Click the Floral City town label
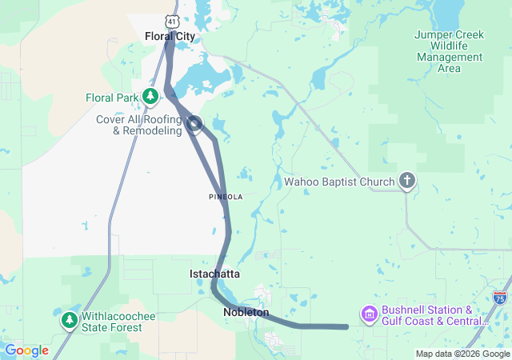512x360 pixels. pyautogui.click(x=170, y=36)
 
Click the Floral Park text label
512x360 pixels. pyautogui.click(x=113, y=98)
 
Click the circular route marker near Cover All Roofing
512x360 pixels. pyautogui.click(x=194, y=123)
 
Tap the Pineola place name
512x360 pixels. pyautogui.click(x=225, y=196)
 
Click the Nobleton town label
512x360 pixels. pyautogui.click(x=246, y=312)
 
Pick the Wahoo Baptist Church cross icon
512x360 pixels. pyautogui.click(x=406, y=182)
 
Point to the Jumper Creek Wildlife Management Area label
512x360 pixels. pyautogui.click(x=449, y=51)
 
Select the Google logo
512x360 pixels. pyautogui.click(x=27, y=350)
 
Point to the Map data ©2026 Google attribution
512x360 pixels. pyautogui.click(x=462, y=354)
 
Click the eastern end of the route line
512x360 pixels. pyautogui.click(x=346, y=326)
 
